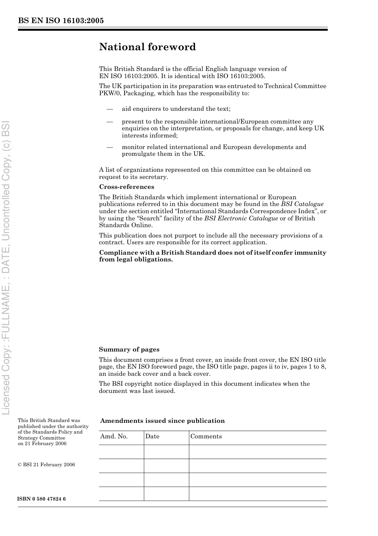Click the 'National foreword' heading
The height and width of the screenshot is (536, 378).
pos(147,47)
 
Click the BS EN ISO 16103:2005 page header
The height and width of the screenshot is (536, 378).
pos(61,21)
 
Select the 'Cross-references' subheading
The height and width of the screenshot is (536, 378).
pos(127,187)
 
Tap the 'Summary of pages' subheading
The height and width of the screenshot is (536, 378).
pos(129,349)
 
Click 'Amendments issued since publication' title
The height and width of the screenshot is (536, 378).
pos(162,421)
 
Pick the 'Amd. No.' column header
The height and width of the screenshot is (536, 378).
pos(114,436)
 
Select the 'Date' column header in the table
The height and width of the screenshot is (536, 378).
pos(152,436)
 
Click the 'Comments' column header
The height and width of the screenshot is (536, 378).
pos(206,436)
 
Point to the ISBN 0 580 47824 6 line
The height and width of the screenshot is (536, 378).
pos(42,499)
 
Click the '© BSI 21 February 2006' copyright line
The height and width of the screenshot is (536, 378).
pos(46,465)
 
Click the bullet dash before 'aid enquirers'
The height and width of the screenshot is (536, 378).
pos(110,109)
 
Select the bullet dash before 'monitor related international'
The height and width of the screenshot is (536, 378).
pos(110,147)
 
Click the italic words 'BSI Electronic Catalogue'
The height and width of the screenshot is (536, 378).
pos(241,218)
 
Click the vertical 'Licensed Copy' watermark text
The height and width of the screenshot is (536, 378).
pos(7,267)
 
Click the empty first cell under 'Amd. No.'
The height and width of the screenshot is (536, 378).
pos(121,452)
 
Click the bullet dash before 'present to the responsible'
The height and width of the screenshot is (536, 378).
pos(110,122)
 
